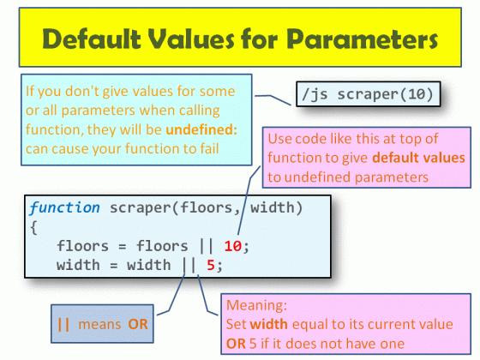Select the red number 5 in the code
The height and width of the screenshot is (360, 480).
[x=210, y=265]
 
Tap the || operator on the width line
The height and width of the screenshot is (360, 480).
[x=189, y=265]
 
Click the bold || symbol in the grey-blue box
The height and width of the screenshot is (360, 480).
[x=63, y=325]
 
